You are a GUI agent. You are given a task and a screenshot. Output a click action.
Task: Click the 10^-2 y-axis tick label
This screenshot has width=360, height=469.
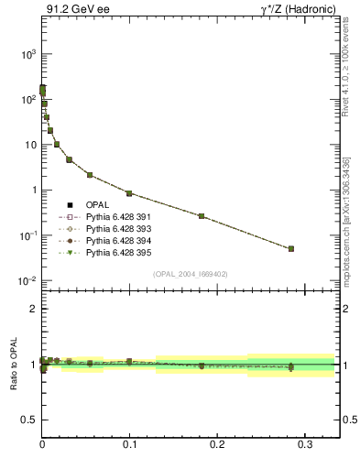click(25, 281)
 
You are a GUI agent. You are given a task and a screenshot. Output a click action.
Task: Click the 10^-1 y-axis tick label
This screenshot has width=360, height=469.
click(25, 236)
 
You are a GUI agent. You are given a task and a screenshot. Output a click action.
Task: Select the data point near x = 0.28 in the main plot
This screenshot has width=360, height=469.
click(290, 248)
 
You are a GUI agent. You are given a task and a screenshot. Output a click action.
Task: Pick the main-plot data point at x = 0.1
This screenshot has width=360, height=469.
click(129, 193)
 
